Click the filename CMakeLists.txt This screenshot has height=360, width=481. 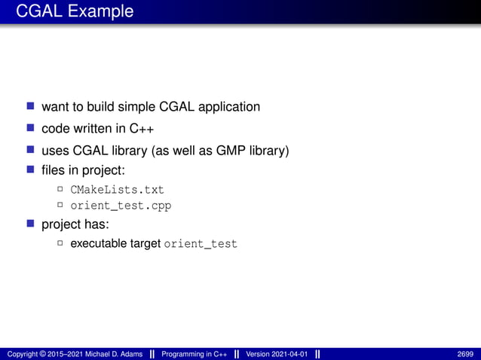coord(117,189)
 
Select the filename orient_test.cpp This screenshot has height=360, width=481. coord(121,205)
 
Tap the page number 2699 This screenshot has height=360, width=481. coord(465,354)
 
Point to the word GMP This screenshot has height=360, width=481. coord(232,151)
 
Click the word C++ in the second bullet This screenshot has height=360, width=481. coord(141,129)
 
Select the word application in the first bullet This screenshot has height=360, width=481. coord(228,107)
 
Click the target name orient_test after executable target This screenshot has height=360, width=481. coord(201,244)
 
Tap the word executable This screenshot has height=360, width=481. coord(99,244)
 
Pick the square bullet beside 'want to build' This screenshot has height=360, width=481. coord(31,106)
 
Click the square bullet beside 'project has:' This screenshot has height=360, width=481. coord(31,224)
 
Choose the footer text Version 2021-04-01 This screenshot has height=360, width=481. coord(277,354)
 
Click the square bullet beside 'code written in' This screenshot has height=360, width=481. coord(31,128)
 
